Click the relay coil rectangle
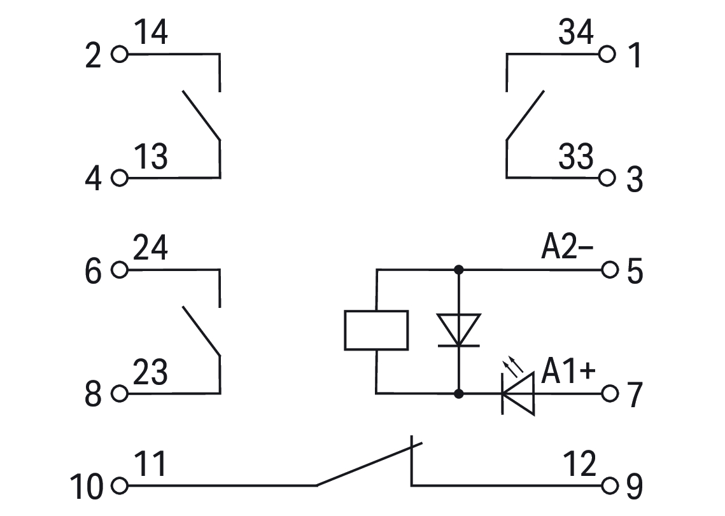pyautogui.click(x=376, y=330)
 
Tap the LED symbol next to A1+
pyautogui.click(x=517, y=394)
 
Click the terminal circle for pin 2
pyautogui.click(x=119, y=54)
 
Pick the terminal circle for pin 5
pyautogui.click(x=609, y=270)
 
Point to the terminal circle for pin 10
pyautogui.click(x=119, y=486)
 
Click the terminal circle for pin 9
pyautogui.click(x=609, y=486)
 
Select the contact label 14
pyautogui.click(x=151, y=33)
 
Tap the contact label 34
pyautogui.click(x=575, y=33)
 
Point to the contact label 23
pyautogui.click(x=151, y=373)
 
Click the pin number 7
pyautogui.click(x=635, y=396)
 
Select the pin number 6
pyautogui.click(x=93, y=273)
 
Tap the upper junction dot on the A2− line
pyautogui.click(x=459, y=270)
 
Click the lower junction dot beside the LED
pyautogui.click(x=459, y=394)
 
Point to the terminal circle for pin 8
pyautogui.click(x=119, y=394)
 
